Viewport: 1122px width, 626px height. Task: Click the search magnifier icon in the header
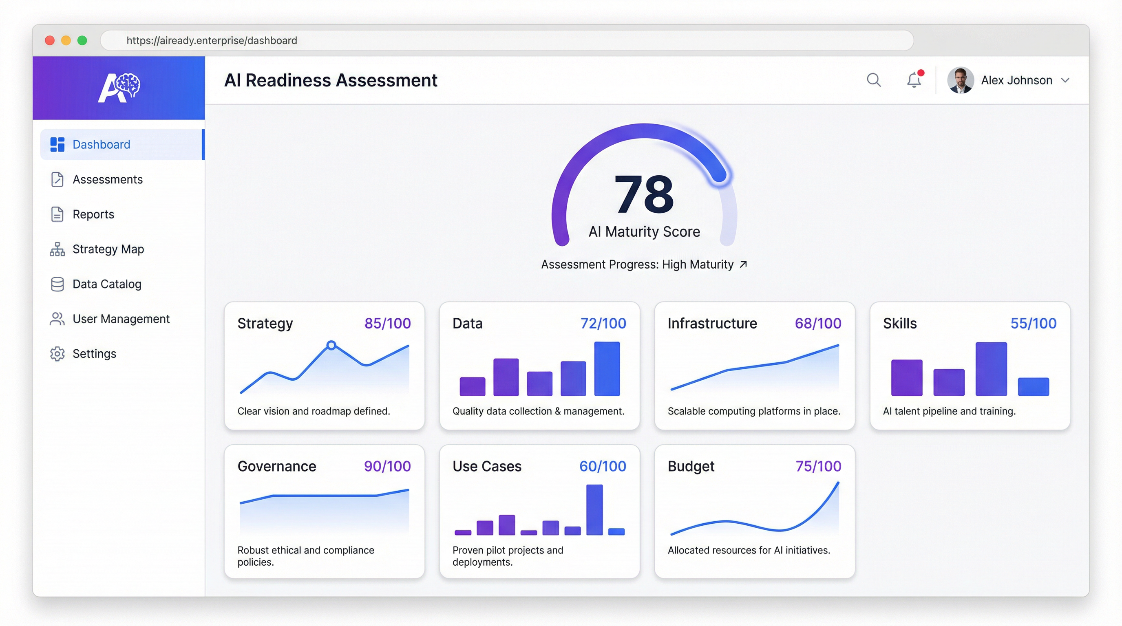(873, 80)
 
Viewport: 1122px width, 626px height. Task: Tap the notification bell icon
(914, 80)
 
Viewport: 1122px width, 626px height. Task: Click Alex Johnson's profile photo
(960, 80)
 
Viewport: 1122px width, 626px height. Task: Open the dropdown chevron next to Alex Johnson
(1065, 80)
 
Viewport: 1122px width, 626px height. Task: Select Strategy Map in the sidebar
(108, 249)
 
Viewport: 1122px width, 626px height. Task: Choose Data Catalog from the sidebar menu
(107, 284)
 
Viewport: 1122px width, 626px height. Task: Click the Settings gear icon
(57, 353)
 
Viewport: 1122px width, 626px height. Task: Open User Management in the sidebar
(121, 319)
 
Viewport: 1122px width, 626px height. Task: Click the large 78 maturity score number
(644, 194)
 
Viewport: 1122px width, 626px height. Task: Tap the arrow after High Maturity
(744, 264)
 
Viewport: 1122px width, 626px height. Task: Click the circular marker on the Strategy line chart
(331, 345)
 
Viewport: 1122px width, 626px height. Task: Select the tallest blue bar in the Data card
(607, 368)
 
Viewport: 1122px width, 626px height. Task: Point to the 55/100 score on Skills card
(1033, 324)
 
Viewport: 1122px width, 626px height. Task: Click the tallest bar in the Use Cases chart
(594, 509)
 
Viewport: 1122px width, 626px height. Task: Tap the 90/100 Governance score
(387, 466)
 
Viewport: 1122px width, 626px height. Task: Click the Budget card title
(691, 466)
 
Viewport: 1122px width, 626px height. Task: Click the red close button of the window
(50, 40)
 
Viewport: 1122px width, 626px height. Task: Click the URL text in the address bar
(212, 40)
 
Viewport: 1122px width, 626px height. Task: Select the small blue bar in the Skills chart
(1033, 387)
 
